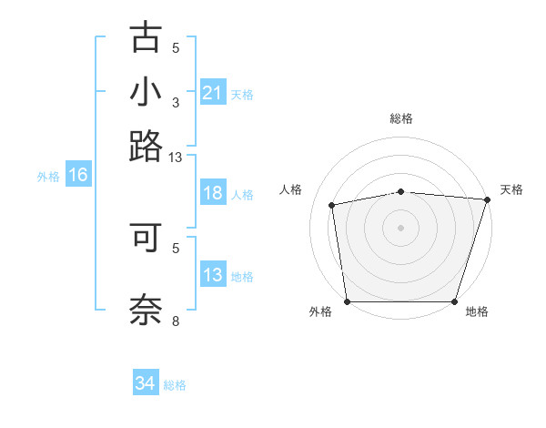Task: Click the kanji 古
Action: [x=146, y=38]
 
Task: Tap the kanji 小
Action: [x=146, y=93]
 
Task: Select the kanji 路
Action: [x=146, y=146]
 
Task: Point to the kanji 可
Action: [x=146, y=236]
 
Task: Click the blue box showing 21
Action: [x=212, y=93]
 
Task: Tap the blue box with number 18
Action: [x=212, y=194]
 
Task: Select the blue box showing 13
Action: [x=212, y=276]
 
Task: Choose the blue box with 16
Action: [x=78, y=176]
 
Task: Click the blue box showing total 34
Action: [x=146, y=384]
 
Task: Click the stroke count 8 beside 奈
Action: [x=176, y=321]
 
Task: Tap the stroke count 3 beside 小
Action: [x=176, y=102]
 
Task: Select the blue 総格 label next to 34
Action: [x=175, y=385]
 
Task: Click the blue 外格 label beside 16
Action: [x=48, y=177]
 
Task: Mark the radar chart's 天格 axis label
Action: [x=511, y=189]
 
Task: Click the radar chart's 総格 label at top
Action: [x=401, y=118]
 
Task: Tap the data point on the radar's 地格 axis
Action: [x=455, y=301]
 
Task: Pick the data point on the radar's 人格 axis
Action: [x=333, y=205]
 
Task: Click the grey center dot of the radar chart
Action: [x=401, y=227]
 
